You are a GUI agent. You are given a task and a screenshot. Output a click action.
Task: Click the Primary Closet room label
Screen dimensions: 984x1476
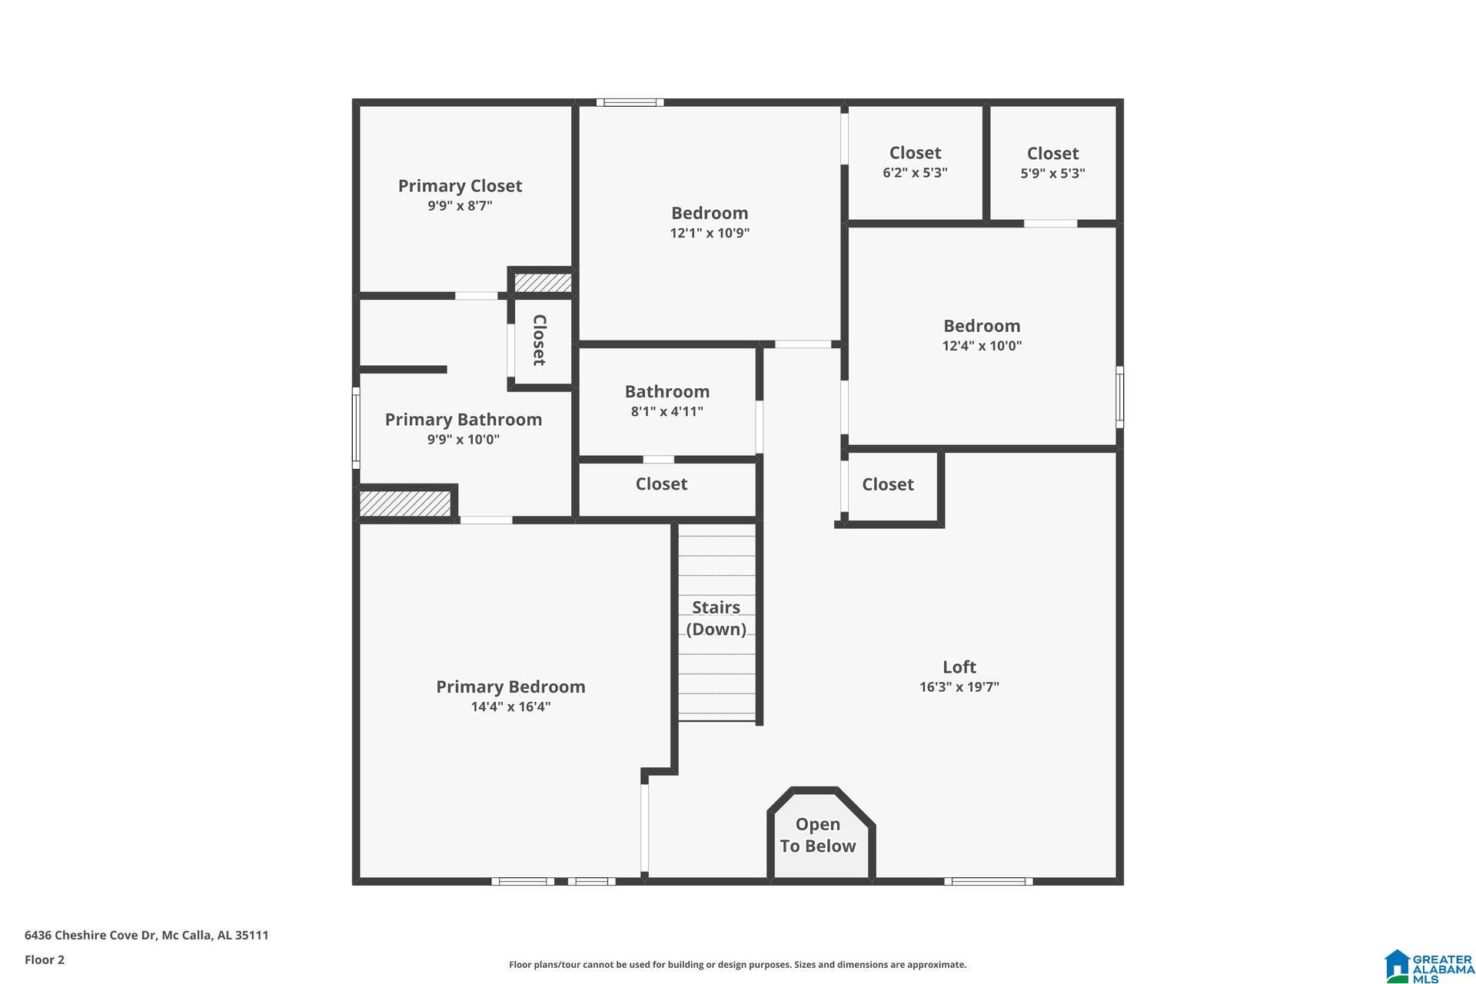460,186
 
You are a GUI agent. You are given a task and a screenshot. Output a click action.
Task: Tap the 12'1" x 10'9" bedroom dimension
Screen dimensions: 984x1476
709,233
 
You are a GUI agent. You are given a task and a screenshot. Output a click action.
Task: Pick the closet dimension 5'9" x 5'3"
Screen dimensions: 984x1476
1052,174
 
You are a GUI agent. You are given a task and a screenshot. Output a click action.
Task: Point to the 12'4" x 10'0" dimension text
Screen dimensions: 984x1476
982,346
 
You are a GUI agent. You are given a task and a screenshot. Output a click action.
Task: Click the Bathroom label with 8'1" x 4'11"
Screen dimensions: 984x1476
667,392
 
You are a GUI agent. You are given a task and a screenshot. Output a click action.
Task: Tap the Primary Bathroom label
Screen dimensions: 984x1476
463,420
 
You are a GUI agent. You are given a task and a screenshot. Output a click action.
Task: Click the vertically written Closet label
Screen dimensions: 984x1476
540,340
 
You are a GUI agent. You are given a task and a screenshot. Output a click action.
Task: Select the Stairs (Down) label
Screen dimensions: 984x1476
716,618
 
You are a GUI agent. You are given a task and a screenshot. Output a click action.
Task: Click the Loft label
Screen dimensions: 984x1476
959,667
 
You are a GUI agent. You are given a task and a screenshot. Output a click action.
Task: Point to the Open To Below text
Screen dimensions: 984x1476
817,835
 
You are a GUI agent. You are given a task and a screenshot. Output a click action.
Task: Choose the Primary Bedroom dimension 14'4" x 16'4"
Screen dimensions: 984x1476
510,707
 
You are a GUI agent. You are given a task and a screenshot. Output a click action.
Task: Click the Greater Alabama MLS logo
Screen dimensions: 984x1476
1429,966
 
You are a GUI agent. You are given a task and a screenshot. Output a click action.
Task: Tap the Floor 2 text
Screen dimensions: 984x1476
45,959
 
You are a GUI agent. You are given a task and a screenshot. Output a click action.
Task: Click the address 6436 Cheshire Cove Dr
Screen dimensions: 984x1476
146,936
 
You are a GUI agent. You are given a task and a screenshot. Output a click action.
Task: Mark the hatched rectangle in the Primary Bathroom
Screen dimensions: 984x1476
405,504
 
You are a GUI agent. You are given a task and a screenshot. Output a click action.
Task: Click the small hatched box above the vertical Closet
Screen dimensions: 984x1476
543,283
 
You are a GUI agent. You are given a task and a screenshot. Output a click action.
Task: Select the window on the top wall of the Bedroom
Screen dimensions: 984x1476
630,102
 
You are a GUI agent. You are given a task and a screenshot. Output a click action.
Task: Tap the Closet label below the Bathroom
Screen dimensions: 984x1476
661,484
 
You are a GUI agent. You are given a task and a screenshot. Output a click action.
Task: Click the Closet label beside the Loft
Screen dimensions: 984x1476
887,484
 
